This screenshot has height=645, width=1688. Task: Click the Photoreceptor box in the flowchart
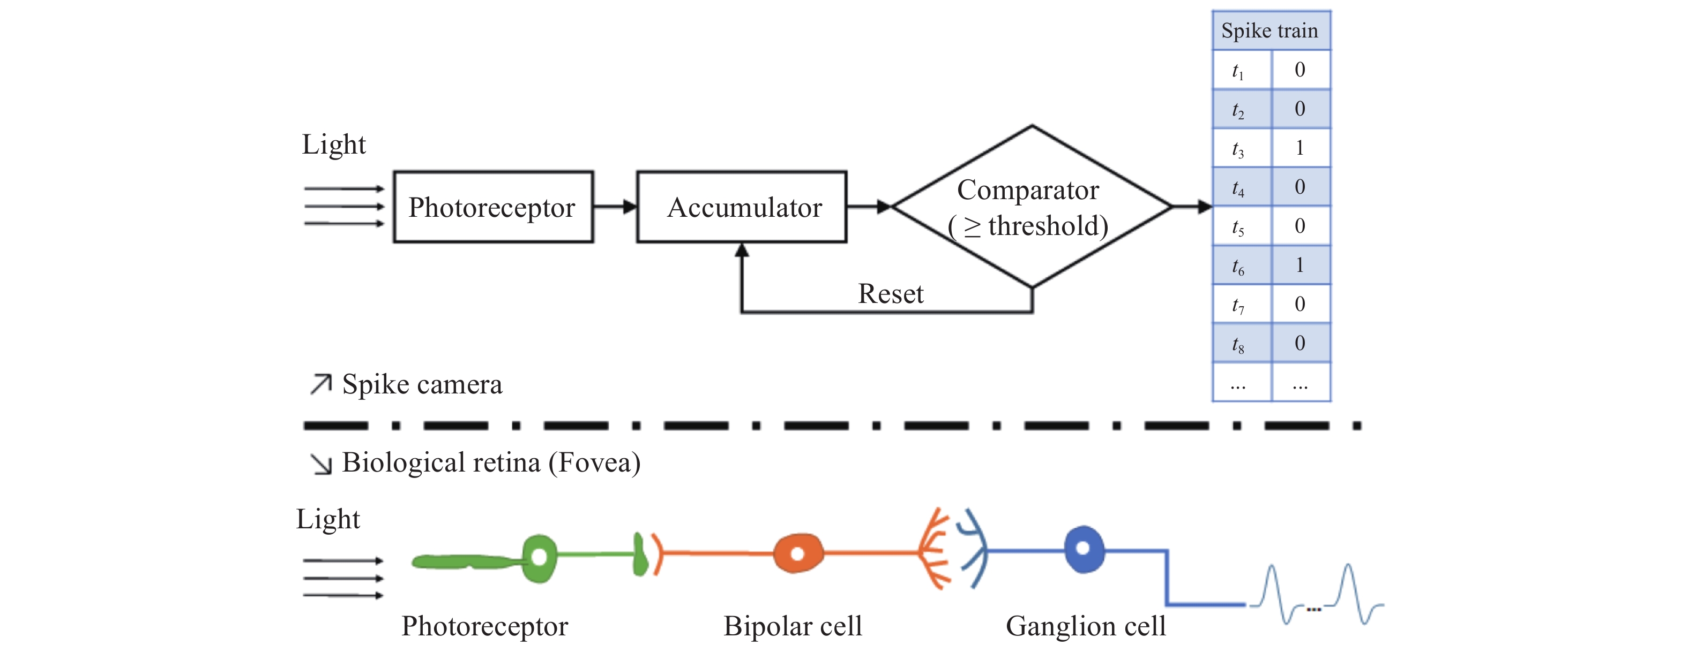tap(493, 207)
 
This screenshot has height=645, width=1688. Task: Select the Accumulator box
tap(741, 207)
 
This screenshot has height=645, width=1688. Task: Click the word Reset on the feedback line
tap(891, 293)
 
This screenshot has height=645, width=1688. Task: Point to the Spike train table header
tap(1270, 30)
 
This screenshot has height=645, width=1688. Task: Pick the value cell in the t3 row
tap(1300, 148)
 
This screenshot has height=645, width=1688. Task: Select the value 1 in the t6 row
tap(1300, 264)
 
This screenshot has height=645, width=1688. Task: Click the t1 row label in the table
tap(1238, 70)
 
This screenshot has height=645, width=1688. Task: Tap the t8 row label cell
tap(1238, 343)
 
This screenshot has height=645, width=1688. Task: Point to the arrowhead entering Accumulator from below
tap(741, 250)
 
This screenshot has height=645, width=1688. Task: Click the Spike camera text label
tap(421, 384)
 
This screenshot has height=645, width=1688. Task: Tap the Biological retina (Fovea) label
tap(490, 463)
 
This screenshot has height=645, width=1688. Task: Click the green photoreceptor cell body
tap(539, 558)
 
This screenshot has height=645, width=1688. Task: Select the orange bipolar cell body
tap(797, 554)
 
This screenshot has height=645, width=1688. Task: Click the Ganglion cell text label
tap(1085, 626)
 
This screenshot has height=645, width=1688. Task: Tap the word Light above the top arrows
tap(333, 144)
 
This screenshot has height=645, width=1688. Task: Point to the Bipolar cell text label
tap(792, 626)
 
